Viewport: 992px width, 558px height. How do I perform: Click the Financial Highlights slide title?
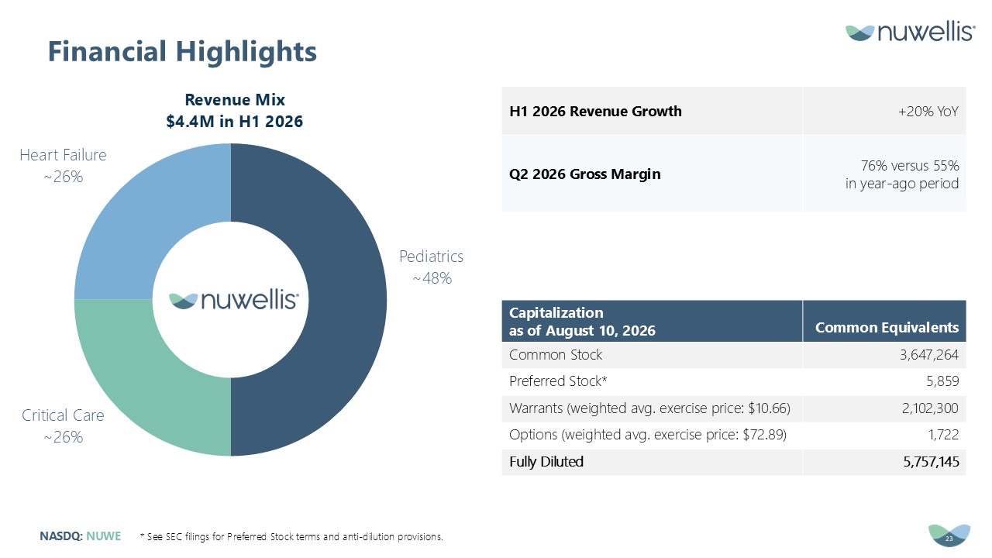pyautogui.click(x=182, y=52)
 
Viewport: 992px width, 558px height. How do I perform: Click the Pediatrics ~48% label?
pyautogui.click(x=432, y=267)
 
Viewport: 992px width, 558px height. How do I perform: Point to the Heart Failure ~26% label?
pyautogui.click(x=63, y=166)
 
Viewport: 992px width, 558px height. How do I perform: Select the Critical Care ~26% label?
pyautogui.click(x=63, y=426)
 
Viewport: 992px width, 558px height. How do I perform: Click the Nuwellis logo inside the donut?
pyautogui.click(x=234, y=300)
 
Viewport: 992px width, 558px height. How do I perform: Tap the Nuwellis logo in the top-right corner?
pyautogui.click(x=910, y=32)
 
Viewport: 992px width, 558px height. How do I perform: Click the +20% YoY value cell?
pyautogui.click(x=928, y=111)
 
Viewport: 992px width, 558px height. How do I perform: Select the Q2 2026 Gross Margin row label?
pyautogui.click(x=584, y=174)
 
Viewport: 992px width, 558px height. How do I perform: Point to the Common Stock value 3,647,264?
pyautogui.click(x=929, y=355)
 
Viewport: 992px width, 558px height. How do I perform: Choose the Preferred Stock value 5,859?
pyautogui.click(x=942, y=381)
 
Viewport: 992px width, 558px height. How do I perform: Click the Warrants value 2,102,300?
pyautogui.click(x=930, y=408)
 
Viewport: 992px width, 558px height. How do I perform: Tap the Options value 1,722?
pyautogui.click(x=944, y=435)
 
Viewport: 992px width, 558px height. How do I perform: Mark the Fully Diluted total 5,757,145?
pyautogui.click(x=931, y=462)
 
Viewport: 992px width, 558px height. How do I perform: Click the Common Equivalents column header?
pyautogui.click(x=887, y=327)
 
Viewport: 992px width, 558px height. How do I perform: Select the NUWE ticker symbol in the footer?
pyautogui.click(x=104, y=536)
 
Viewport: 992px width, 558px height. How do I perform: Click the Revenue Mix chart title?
pyautogui.click(x=235, y=110)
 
